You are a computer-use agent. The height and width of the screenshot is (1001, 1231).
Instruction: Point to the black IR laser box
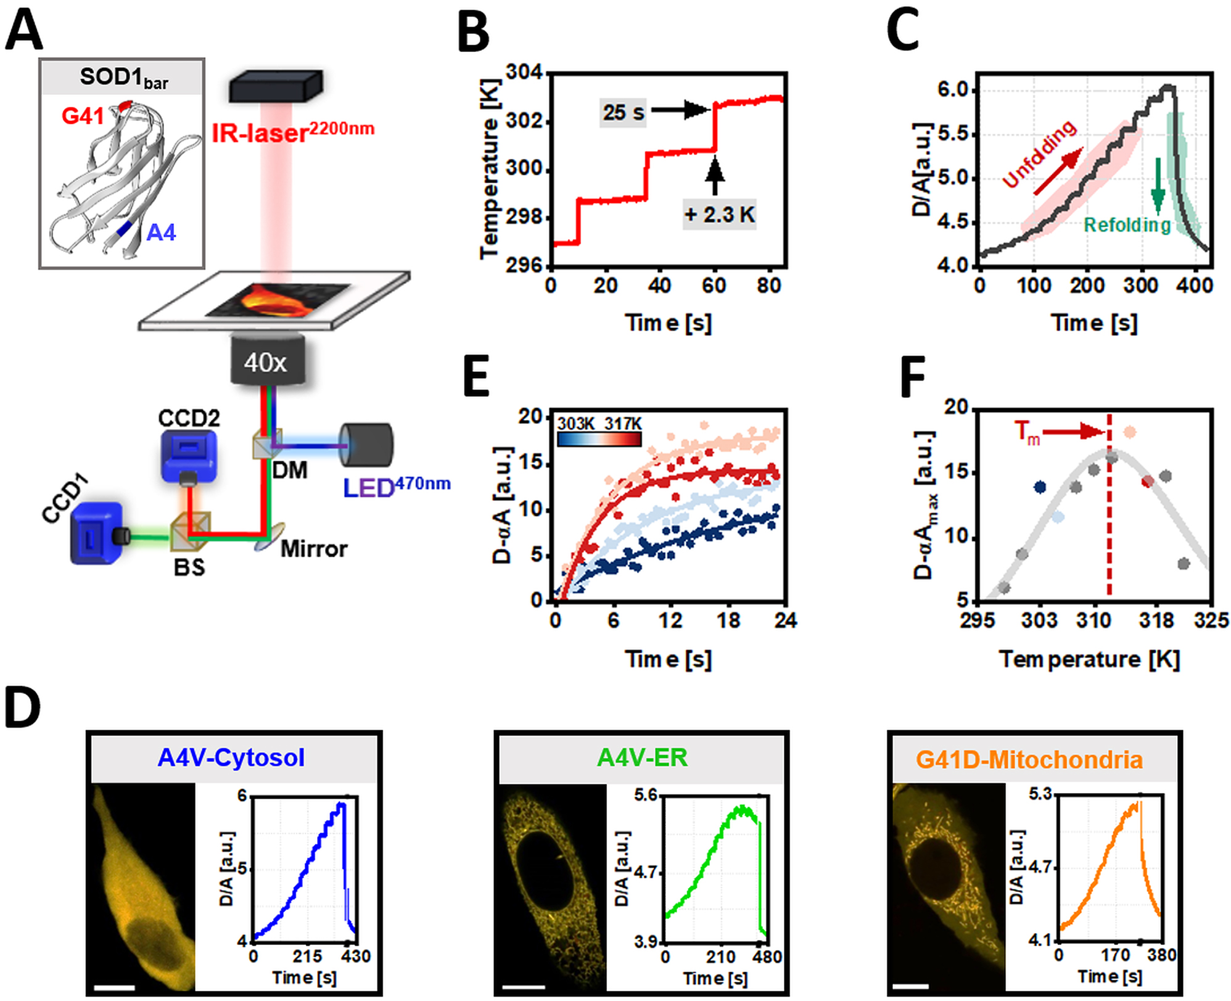pos(276,86)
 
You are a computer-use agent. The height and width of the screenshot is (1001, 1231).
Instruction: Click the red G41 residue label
pos(82,116)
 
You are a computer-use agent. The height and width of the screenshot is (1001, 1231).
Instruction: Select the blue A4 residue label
pos(161,233)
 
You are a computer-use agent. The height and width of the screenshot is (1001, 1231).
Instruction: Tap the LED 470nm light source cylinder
pos(366,445)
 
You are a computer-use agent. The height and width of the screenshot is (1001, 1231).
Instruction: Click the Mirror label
pos(313,549)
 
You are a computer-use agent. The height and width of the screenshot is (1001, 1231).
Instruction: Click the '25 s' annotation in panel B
pos(623,112)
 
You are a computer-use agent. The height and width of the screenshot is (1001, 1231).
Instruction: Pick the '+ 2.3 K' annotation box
pos(719,215)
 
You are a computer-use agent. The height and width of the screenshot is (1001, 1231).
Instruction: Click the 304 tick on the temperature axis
pos(524,73)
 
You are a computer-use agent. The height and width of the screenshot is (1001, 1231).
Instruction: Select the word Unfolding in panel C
pos(1040,154)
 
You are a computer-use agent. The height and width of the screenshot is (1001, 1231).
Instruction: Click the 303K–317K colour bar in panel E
pos(599,439)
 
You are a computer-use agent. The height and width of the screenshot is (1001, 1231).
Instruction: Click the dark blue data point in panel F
pos(1040,487)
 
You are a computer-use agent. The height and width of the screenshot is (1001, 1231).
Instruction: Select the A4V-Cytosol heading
pos(231,757)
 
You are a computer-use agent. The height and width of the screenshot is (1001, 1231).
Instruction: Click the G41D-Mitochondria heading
pos(1029,759)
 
